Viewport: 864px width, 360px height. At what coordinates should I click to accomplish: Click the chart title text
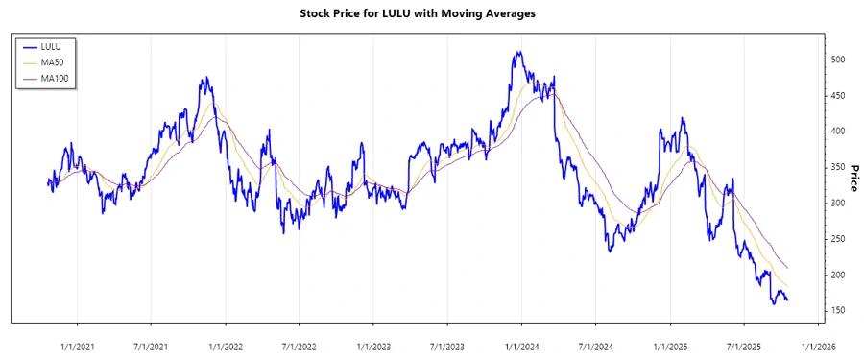[x=431, y=13]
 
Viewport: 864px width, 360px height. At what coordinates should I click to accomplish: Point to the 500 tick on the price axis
[x=839, y=60]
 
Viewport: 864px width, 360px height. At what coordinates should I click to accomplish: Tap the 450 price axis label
[x=839, y=96]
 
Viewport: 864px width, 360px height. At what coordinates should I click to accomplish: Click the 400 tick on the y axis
[x=839, y=132]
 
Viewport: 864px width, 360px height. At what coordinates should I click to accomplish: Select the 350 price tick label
[x=839, y=168]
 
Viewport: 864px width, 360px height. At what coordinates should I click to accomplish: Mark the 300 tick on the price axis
[x=839, y=204]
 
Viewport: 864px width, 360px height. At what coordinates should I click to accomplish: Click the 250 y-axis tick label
[x=839, y=240]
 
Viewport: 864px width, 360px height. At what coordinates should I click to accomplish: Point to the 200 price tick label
[x=839, y=276]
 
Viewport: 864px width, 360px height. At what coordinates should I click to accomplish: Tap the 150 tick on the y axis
[x=839, y=311]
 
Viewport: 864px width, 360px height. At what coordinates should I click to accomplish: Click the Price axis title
[x=853, y=177]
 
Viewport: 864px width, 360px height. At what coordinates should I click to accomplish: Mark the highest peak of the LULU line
[x=517, y=52]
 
